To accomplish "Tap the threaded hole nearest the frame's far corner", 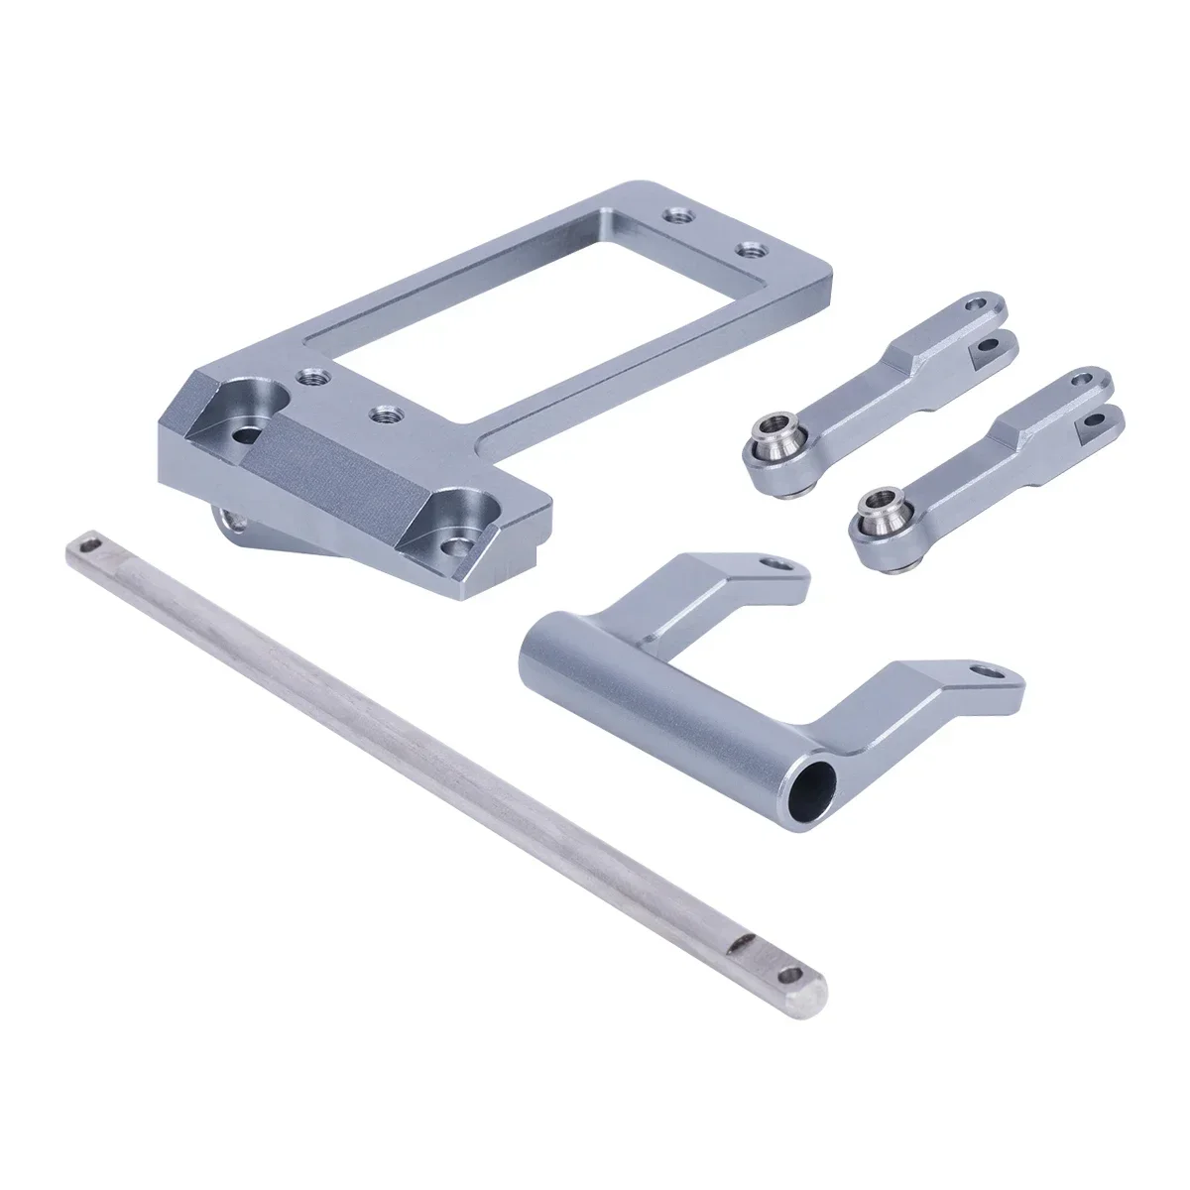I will tap(677, 214).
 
